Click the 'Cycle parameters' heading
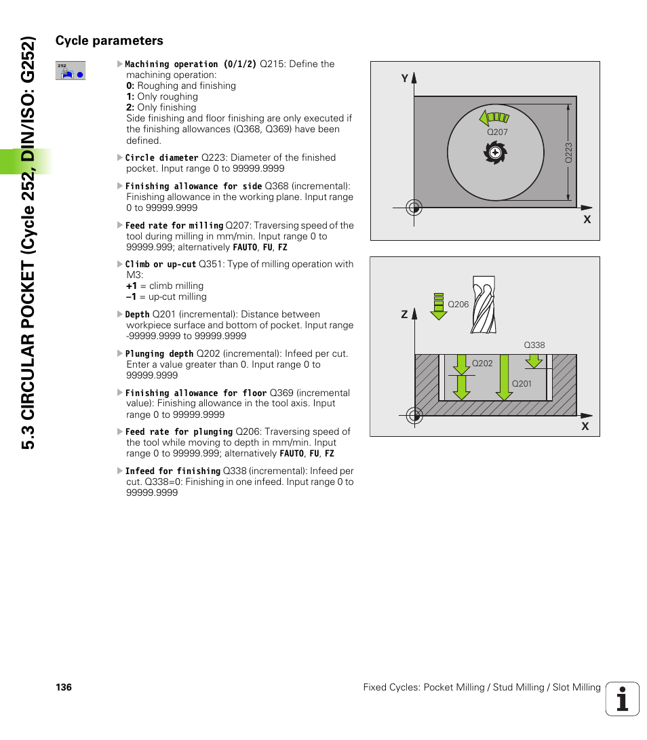(x=109, y=41)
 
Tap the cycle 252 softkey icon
(x=71, y=71)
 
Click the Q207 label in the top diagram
(x=497, y=132)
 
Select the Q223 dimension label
(x=569, y=151)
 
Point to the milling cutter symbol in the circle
(x=495, y=153)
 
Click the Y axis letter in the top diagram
(x=404, y=79)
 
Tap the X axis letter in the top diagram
(x=587, y=220)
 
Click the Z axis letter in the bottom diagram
(x=404, y=315)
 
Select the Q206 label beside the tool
(x=458, y=305)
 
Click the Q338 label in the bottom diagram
(x=534, y=345)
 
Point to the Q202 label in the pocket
(x=482, y=364)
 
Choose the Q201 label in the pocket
(x=522, y=384)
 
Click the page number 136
(x=64, y=688)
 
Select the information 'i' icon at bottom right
(x=623, y=699)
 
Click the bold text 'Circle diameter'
(x=162, y=158)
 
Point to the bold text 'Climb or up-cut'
(x=161, y=265)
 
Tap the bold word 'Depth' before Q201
(x=138, y=315)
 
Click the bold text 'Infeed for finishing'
(x=174, y=471)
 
